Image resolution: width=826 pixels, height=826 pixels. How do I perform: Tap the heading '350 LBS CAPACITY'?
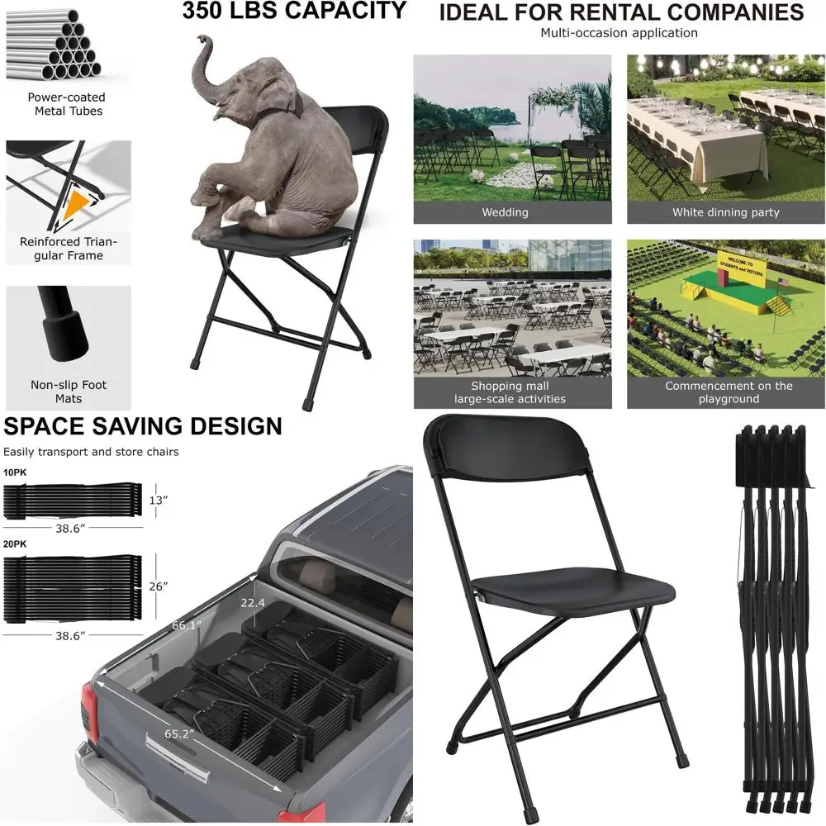[x=294, y=12]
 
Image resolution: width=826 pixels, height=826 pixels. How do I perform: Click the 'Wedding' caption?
[x=505, y=212]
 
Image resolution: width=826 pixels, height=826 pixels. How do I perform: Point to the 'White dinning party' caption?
[x=725, y=212]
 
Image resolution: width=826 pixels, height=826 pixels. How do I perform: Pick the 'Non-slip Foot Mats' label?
[x=69, y=392]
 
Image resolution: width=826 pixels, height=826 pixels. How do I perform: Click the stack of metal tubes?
[x=51, y=45]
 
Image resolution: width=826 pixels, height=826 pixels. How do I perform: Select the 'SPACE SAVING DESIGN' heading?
[x=143, y=426]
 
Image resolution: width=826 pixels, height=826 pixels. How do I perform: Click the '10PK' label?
[x=14, y=472]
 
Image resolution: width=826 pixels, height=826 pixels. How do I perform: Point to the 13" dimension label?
[x=157, y=500]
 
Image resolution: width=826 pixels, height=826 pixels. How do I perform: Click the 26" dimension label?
[x=159, y=586]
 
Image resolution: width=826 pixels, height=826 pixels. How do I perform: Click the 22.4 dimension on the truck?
[x=252, y=603]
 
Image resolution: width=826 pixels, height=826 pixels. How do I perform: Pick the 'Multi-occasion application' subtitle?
[x=619, y=33]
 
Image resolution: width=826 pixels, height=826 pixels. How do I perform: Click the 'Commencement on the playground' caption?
[x=729, y=392]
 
